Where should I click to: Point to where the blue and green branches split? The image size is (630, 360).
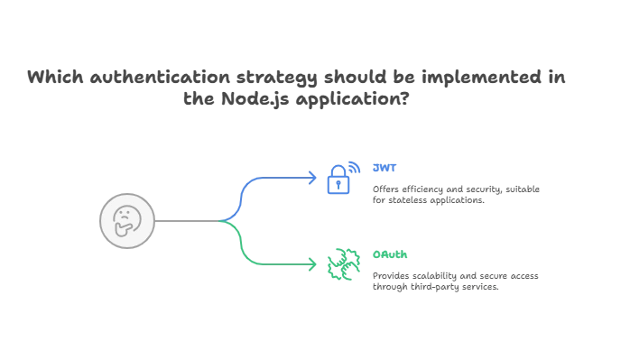[232, 219]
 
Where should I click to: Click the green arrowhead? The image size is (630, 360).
[312, 264]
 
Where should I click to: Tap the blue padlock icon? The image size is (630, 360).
[339, 178]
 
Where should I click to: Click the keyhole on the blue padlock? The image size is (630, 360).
[339, 185]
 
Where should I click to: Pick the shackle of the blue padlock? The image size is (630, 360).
[341, 168]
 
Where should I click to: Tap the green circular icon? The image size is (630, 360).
[340, 263]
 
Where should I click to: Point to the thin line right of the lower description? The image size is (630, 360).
[521, 280]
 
